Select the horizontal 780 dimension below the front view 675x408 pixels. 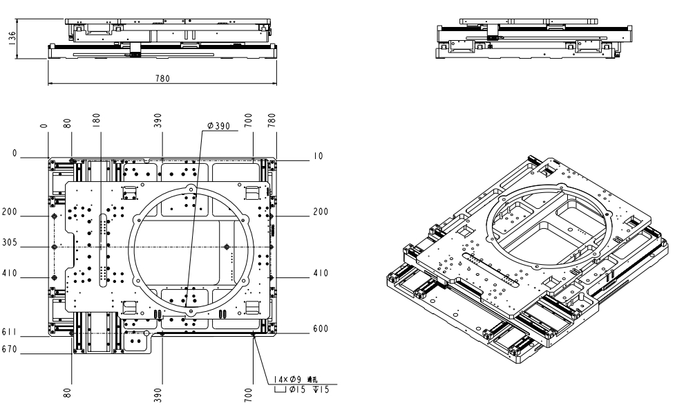(162, 79)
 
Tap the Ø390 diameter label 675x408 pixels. (219, 127)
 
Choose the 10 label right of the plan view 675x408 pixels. (318, 157)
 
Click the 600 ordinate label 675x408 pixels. (319, 328)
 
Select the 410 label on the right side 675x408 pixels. (319, 272)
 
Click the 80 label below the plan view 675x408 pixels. (67, 394)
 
